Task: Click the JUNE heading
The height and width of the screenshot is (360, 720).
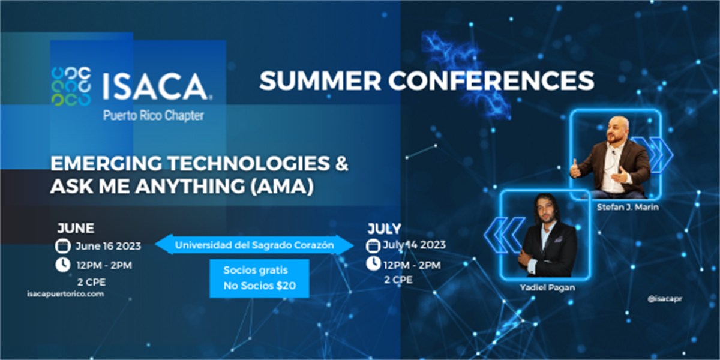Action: click(76, 229)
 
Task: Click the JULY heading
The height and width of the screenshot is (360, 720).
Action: click(383, 229)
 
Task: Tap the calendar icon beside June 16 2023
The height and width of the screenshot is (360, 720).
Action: click(62, 246)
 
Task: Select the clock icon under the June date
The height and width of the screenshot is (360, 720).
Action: click(62, 265)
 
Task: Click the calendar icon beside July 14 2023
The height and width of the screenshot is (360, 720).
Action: click(373, 245)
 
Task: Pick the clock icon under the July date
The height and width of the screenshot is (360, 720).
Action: click(373, 263)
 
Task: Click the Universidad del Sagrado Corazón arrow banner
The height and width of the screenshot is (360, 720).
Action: click(254, 245)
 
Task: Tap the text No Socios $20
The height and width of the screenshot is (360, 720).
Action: click(259, 286)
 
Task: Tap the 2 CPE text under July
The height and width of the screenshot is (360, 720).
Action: click(398, 280)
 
